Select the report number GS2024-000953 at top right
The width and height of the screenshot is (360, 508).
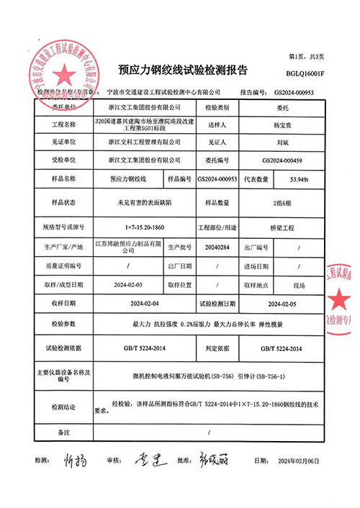pyautogui.click(x=296, y=92)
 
